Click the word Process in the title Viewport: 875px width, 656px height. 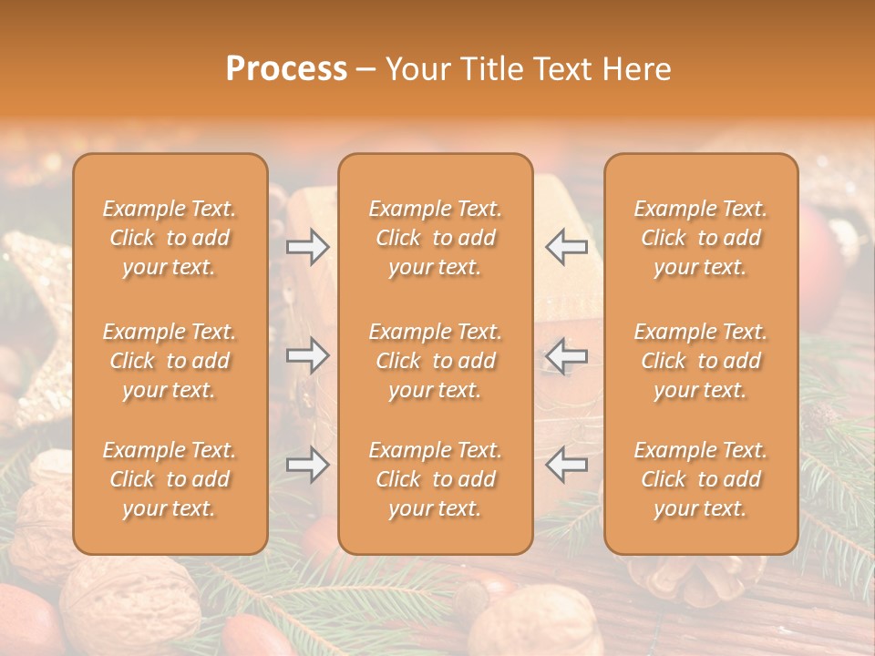tap(286, 69)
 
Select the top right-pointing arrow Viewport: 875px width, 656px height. tap(308, 247)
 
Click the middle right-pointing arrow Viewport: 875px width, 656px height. tap(308, 355)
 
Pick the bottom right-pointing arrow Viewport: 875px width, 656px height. tap(308, 465)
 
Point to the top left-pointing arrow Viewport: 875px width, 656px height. tap(567, 247)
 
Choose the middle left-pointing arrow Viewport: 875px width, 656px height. tap(567, 355)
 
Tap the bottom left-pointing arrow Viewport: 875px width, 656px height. tap(567, 465)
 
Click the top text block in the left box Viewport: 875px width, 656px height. tap(170, 238)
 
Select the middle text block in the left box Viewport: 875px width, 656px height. tap(170, 361)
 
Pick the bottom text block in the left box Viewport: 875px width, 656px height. tap(170, 479)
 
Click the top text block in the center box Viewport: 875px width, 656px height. tap(435, 238)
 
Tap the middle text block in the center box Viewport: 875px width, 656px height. tap(435, 361)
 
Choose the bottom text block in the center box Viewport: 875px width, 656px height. tap(435, 479)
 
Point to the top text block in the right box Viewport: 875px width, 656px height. tap(700, 238)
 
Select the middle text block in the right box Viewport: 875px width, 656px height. tap(700, 361)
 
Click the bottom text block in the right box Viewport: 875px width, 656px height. tap(700, 479)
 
